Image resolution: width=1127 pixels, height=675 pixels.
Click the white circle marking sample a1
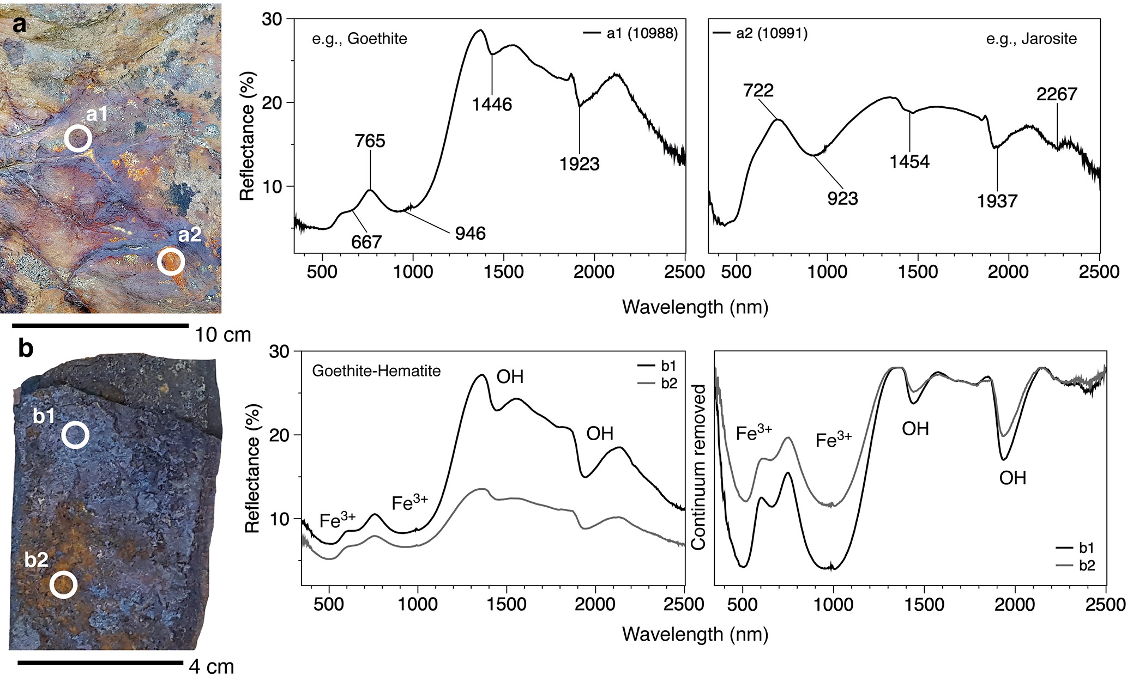point(78,138)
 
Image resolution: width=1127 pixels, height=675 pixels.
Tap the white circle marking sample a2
point(171,262)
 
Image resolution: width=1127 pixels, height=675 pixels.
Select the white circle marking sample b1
point(75,435)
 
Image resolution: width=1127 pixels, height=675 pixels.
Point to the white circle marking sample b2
point(63,585)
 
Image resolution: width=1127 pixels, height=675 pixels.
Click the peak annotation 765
point(370,141)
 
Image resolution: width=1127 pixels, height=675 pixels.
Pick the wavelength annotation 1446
point(492,104)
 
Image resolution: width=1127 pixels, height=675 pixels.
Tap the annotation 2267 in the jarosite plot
point(1057,94)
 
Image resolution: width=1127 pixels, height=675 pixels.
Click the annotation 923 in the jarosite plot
point(842,199)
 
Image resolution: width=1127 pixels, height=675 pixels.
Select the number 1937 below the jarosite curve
point(997,202)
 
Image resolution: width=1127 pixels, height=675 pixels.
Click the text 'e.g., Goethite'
point(359,39)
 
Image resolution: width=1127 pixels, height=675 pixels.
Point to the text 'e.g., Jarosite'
point(1031,39)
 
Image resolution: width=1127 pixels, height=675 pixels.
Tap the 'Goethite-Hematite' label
point(376,371)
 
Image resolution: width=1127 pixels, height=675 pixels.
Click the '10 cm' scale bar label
point(222,335)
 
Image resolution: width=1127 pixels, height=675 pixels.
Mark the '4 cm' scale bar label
point(212,666)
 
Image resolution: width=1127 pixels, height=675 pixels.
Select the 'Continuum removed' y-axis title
point(698,467)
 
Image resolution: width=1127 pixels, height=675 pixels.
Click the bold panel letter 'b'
point(26,348)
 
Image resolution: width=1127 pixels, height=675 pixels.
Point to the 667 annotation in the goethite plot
point(366,242)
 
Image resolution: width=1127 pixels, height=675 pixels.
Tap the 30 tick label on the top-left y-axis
point(272,19)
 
